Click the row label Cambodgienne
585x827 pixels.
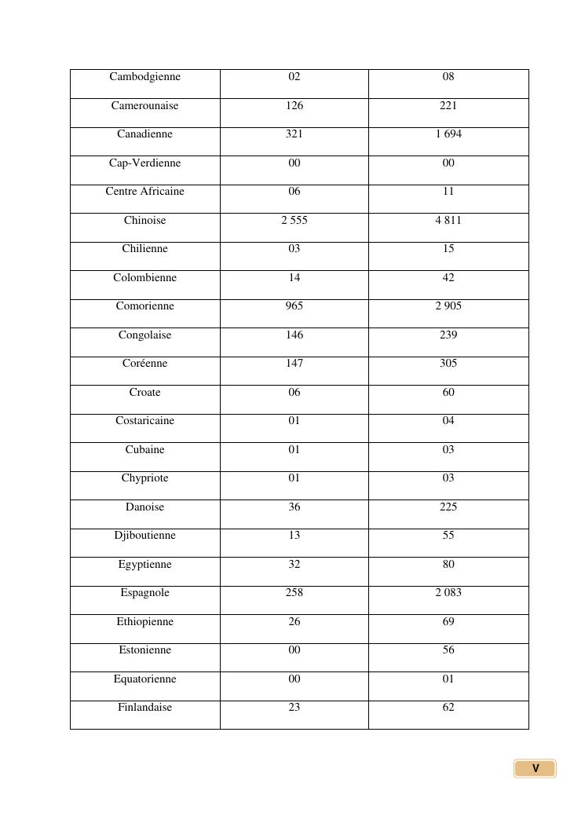pos(144,77)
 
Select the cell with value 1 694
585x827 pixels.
pos(448,134)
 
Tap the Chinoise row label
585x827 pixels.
pos(144,221)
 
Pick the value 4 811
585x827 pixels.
pos(448,221)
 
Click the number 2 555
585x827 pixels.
pos(294,221)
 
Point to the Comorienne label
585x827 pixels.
pos(144,306)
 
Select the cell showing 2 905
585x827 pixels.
pos(448,306)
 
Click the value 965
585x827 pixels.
pos(294,306)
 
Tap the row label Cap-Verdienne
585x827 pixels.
pos(144,163)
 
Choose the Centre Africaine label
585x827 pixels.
pos(144,192)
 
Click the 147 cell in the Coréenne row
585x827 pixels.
pos(294,364)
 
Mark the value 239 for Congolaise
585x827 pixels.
pos(448,335)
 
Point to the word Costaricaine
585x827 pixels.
pos(144,421)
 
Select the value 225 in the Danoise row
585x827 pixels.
pos(448,507)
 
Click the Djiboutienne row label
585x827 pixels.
pos(144,536)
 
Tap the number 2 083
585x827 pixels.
pos(448,593)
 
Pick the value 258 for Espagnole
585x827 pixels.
pos(294,593)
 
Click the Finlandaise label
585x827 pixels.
pos(144,708)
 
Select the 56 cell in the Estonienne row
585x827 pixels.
pos(448,650)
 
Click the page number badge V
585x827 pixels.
pos(536,769)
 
